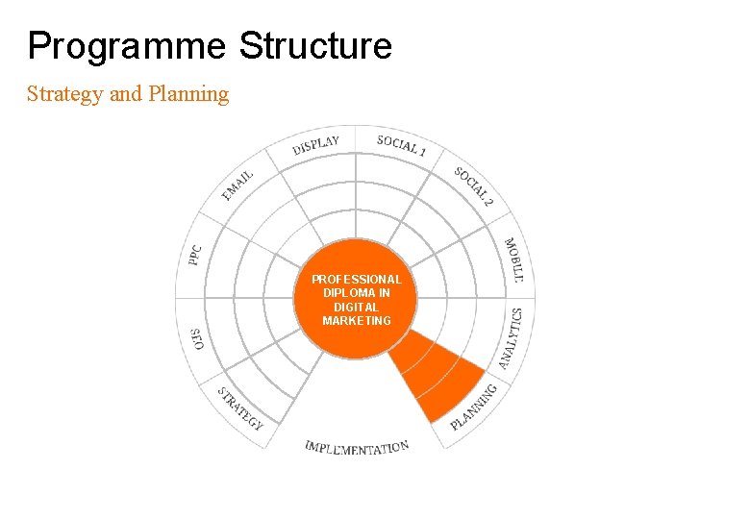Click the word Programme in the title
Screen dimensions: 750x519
(x=127, y=46)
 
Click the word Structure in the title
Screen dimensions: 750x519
(x=315, y=46)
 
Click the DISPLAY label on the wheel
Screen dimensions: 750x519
(x=315, y=145)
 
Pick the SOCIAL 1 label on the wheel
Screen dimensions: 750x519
(x=402, y=146)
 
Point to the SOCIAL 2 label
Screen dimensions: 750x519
(x=474, y=187)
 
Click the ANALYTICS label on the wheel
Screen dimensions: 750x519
(x=511, y=338)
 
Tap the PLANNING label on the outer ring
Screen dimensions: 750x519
(x=474, y=406)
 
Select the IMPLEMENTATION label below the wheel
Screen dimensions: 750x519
(x=357, y=447)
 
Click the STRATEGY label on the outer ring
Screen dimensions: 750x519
(x=239, y=408)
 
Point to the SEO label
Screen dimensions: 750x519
(x=197, y=338)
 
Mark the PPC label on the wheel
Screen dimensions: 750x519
(x=195, y=255)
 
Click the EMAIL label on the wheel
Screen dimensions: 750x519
(x=237, y=185)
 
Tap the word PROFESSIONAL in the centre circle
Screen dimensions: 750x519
(x=356, y=280)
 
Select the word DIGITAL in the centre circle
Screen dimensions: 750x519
(x=356, y=307)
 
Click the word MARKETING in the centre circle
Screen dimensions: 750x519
(x=356, y=320)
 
